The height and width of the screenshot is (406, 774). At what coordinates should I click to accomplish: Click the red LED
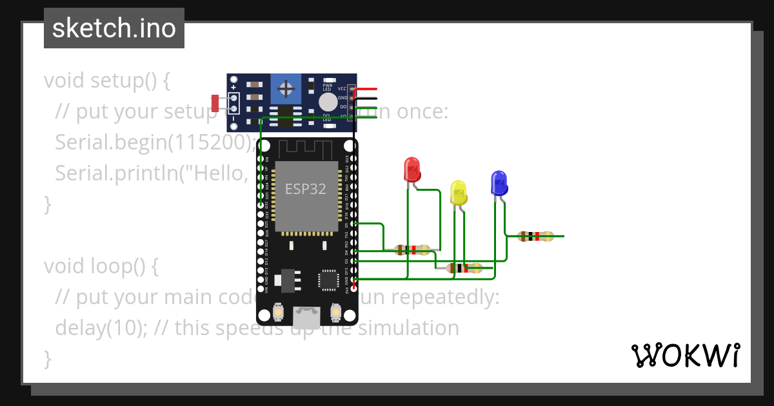(x=412, y=169)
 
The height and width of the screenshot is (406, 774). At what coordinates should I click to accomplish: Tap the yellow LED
(x=459, y=193)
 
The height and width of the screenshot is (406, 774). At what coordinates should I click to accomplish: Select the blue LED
(x=499, y=183)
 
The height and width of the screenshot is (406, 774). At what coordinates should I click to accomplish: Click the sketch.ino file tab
(x=114, y=28)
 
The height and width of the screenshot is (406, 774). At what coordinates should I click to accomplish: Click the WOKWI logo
(x=685, y=355)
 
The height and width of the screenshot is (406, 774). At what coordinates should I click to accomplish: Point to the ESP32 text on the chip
(x=306, y=189)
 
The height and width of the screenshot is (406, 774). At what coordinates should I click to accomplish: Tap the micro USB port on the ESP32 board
(x=306, y=316)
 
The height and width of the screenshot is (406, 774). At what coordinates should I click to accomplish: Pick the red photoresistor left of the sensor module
(x=215, y=102)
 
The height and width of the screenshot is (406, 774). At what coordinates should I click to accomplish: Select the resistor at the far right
(x=535, y=237)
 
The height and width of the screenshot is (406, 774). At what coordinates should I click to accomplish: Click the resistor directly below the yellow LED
(x=464, y=268)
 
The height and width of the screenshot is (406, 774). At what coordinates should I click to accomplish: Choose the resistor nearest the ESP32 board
(x=412, y=250)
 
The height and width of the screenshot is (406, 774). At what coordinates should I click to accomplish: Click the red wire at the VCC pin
(x=368, y=89)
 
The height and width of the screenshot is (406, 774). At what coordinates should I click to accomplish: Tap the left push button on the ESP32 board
(x=278, y=313)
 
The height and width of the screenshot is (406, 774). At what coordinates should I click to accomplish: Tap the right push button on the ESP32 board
(x=335, y=313)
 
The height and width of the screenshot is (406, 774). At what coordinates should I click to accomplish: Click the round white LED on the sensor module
(x=328, y=102)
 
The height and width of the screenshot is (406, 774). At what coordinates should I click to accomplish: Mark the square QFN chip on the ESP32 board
(x=328, y=280)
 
